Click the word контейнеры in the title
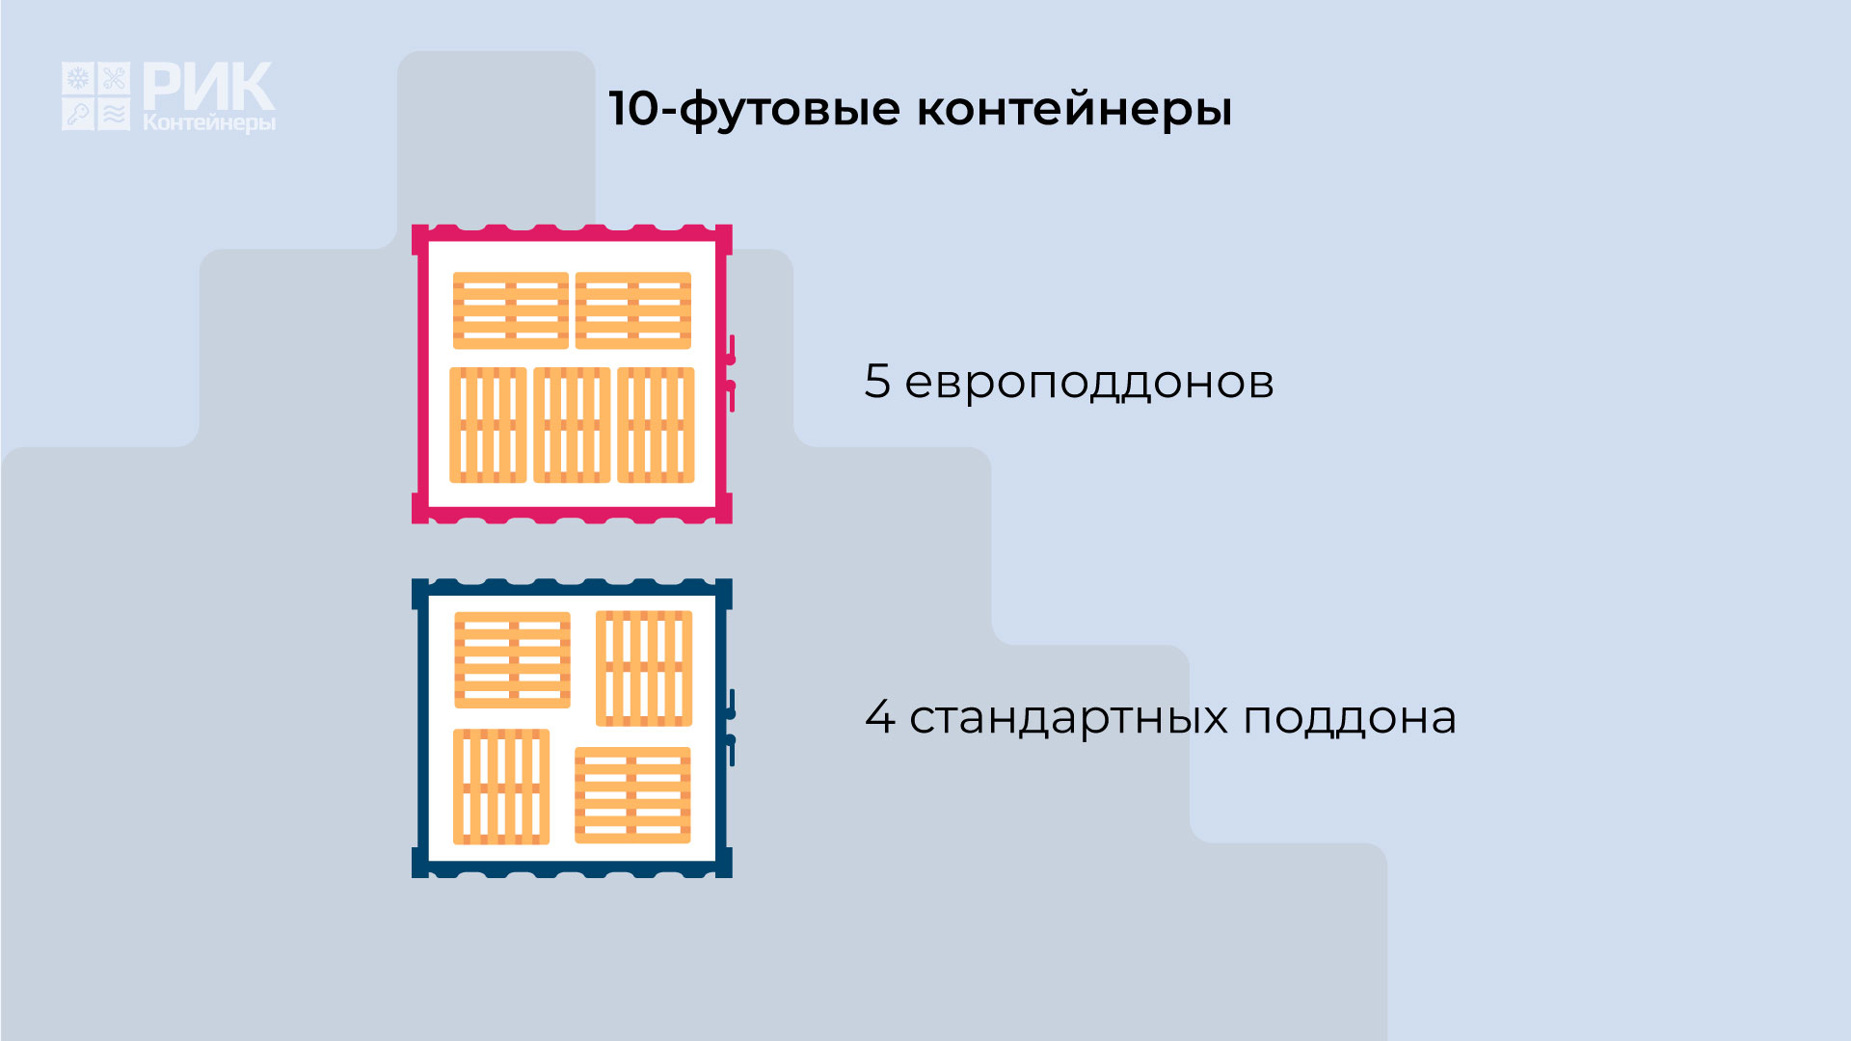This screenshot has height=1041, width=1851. [1074, 109]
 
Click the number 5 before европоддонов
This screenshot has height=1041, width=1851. [877, 381]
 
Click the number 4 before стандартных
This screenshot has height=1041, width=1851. [879, 716]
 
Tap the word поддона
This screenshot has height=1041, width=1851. [1350, 719]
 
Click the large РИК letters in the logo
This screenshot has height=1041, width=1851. [208, 87]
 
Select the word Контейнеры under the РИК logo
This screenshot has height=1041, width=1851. [209, 123]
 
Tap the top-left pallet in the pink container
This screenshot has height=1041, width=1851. [511, 310]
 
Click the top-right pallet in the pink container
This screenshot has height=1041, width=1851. [633, 310]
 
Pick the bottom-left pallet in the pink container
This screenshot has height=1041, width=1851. [488, 425]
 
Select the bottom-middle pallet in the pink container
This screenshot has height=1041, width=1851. [572, 425]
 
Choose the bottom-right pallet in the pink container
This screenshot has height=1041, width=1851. [656, 425]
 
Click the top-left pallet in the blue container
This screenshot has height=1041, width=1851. [512, 660]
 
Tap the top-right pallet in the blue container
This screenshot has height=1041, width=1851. [644, 668]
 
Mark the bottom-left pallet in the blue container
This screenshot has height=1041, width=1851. [501, 787]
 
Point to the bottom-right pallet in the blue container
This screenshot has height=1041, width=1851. [632, 795]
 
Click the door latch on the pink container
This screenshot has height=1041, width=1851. [731, 373]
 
